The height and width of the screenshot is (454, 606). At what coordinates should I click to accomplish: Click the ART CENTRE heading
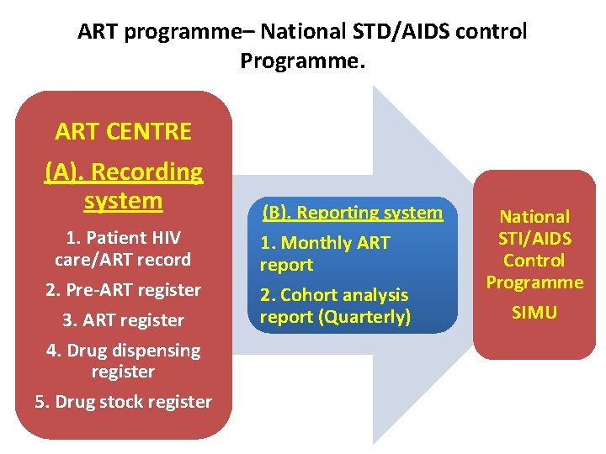(x=123, y=131)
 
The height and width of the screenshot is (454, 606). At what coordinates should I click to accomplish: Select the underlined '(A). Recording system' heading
(x=123, y=186)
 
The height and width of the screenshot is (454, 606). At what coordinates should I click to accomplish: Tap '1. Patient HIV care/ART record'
(x=123, y=248)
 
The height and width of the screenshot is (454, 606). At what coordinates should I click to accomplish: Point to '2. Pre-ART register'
(x=123, y=290)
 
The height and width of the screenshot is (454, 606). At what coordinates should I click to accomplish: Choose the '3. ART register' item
(x=123, y=320)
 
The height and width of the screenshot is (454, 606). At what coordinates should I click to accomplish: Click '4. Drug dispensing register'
(x=123, y=361)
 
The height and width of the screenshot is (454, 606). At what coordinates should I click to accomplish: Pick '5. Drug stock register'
(x=123, y=402)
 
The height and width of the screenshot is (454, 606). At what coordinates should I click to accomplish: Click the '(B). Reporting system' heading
(x=352, y=213)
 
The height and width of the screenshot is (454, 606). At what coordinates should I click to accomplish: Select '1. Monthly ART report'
(x=325, y=254)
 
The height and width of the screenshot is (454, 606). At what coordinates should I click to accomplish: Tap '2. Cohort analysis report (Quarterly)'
(x=335, y=305)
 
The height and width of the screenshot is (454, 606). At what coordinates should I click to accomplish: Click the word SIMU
(x=534, y=313)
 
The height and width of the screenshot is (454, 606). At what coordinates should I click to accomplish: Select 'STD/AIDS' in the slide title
(x=400, y=32)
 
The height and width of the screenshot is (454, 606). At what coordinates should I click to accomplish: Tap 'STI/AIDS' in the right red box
(x=534, y=239)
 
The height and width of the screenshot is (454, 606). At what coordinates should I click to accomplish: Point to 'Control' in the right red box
(x=534, y=261)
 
